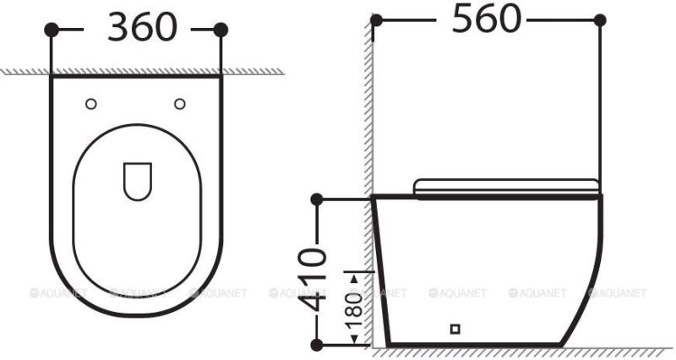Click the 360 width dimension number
[x=143, y=28]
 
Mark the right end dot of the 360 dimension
[x=221, y=30]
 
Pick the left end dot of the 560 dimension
[x=377, y=19]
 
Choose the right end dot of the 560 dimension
[x=601, y=19]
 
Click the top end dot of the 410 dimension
[x=317, y=199]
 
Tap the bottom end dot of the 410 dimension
[x=317, y=344]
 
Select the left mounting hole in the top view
[x=91, y=103]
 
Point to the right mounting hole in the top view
[x=179, y=103]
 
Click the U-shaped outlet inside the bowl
[x=136, y=180]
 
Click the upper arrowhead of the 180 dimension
[x=366, y=273]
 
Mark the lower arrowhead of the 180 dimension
[x=366, y=341]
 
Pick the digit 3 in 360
[x=119, y=28]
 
